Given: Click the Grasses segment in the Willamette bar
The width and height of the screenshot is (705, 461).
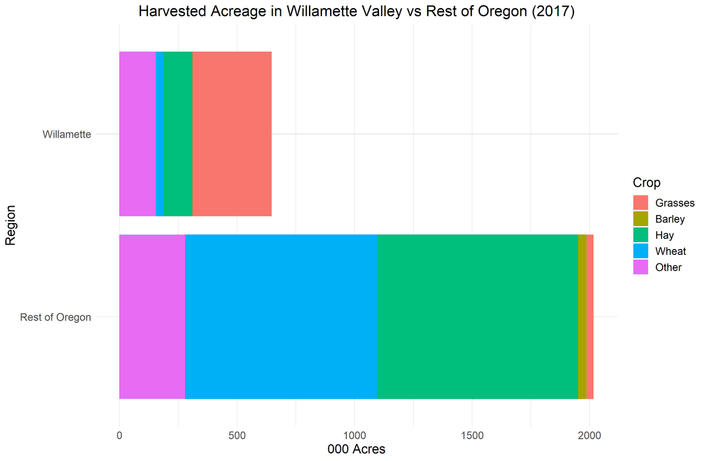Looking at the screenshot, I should click(x=232, y=134).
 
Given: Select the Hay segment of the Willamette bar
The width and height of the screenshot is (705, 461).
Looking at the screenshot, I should click(x=177, y=134).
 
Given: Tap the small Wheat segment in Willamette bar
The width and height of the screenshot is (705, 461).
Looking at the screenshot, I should click(x=159, y=134).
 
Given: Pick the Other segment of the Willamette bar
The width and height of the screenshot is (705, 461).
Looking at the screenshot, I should click(x=137, y=134).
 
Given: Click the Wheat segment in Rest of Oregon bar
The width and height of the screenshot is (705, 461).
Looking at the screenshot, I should click(x=281, y=317).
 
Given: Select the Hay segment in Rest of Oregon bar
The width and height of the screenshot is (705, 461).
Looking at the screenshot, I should click(x=477, y=317).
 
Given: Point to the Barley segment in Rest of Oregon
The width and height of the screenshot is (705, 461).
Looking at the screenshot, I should click(x=582, y=317).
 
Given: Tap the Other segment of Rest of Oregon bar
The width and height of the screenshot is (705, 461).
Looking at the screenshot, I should click(x=152, y=317).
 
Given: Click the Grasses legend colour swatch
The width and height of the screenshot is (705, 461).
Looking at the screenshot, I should click(x=640, y=203).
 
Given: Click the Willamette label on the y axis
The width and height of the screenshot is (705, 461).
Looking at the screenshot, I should click(x=66, y=134).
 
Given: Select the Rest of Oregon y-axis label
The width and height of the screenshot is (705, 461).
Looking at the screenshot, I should click(x=55, y=318).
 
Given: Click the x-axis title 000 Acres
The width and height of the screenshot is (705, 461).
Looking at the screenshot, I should click(x=355, y=450).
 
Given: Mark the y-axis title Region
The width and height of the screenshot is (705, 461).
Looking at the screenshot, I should click(x=11, y=226).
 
